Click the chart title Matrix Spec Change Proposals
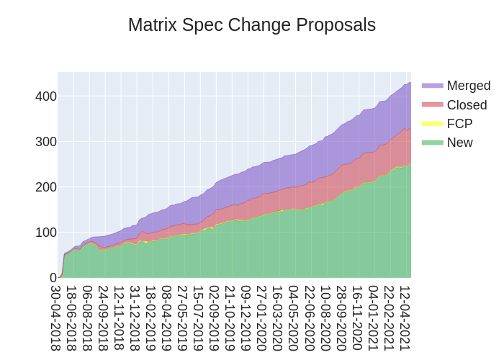[251, 25]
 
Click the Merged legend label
[468, 86]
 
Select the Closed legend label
[467, 105]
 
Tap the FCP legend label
[459, 124]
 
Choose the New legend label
[459, 143]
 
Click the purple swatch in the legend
[432, 86]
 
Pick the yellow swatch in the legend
[432, 124]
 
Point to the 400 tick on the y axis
[45, 96]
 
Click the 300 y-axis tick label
[45, 142]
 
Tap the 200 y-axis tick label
[45, 187]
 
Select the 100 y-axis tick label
[45, 233]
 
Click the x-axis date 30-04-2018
[56, 318]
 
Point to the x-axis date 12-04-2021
[405, 318]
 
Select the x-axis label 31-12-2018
[135, 318]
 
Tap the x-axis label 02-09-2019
[215, 318]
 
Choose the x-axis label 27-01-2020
[262, 318]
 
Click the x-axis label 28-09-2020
[341, 318]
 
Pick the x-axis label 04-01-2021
[373, 318]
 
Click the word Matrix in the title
[152, 25]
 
